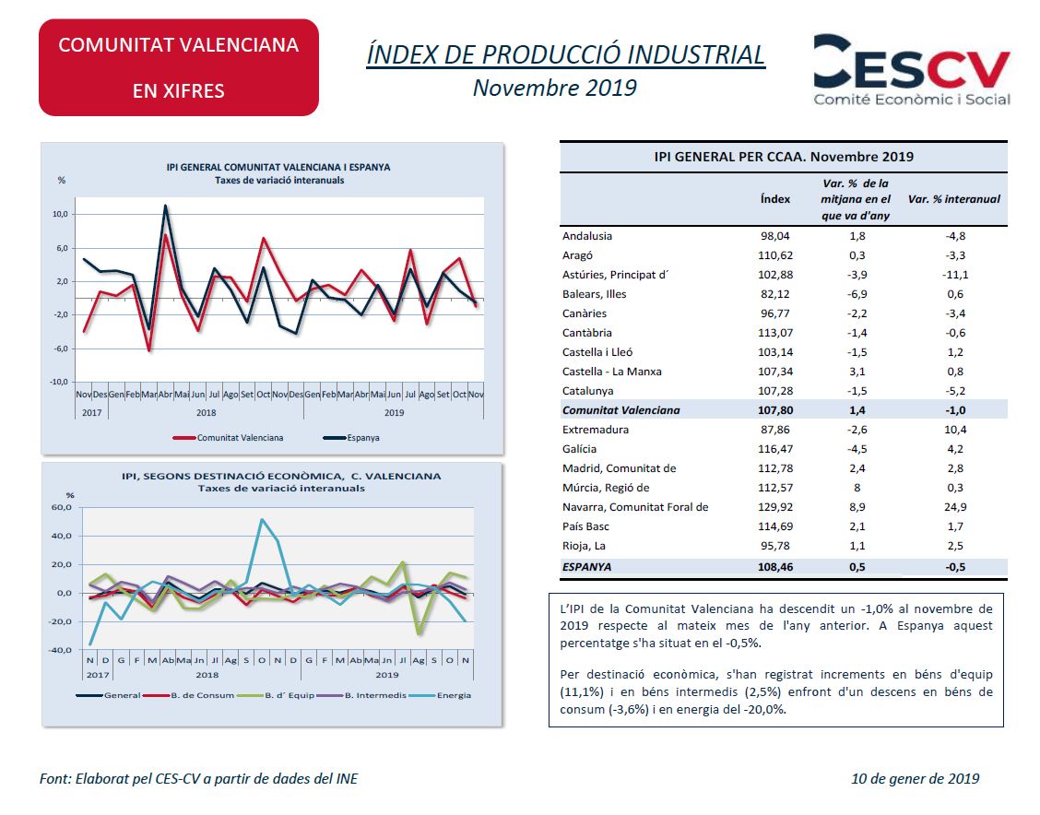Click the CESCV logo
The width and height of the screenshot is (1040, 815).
coord(911,70)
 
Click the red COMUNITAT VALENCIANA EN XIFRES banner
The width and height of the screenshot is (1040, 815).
coord(179,67)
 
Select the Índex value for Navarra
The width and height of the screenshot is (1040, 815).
coord(774,507)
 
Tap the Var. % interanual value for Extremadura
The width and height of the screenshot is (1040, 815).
coord(955,430)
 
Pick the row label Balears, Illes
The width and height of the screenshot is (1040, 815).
coord(594,294)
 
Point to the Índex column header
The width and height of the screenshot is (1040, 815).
coord(774,199)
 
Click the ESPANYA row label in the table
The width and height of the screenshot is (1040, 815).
coord(586,567)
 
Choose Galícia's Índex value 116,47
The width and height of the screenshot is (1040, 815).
coord(774,449)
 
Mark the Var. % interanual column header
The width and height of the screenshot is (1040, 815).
coord(953,199)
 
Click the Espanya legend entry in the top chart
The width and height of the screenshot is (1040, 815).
coord(351,438)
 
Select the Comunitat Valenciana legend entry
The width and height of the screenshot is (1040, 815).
coord(228,438)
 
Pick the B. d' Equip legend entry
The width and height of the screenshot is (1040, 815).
coord(277,695)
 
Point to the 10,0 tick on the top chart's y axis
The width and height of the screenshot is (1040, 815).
coord(60,214)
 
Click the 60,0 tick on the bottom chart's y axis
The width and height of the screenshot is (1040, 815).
coord(61,507)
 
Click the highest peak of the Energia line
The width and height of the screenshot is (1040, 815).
coord(263,519)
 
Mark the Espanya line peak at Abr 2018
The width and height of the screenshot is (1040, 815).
coord(165,206)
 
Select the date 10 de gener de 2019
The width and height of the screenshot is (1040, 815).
coord(916,778)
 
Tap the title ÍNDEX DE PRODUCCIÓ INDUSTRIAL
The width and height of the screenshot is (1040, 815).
coord(566,54)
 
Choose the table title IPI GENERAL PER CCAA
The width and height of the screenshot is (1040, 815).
coord(784,157)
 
